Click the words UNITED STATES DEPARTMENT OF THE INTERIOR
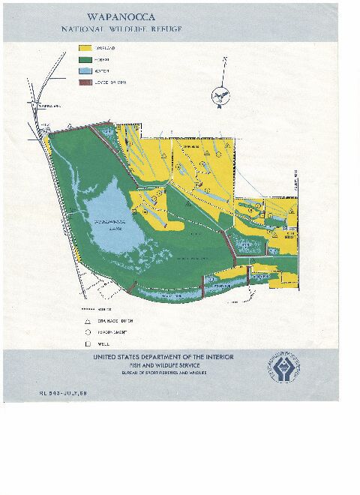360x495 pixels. (x=157, y=358)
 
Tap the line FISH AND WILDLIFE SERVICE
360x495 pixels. (x=157, y=366)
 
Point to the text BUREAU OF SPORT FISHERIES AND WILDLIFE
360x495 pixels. (x=157, y=373)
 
